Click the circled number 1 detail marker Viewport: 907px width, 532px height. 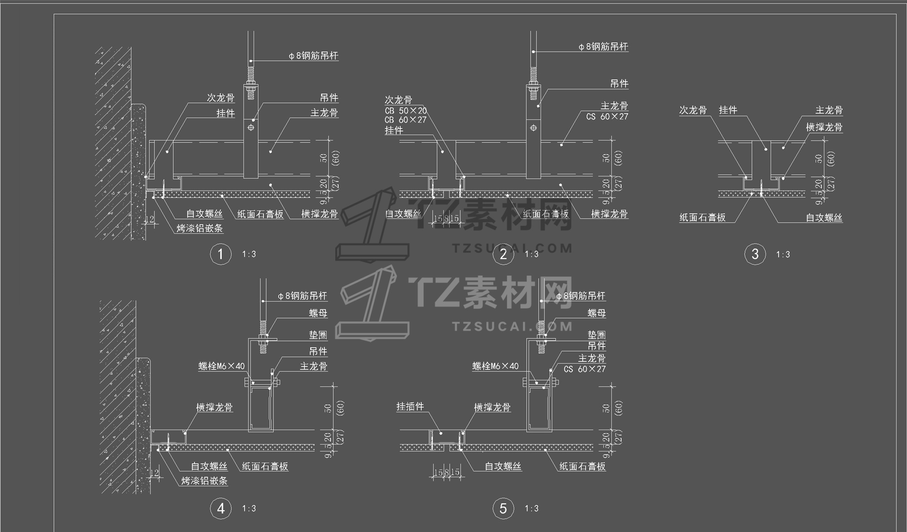pyautogui.click(x=220, y=254)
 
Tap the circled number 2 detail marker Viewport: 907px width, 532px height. pyautogui.click(x=503, y=254)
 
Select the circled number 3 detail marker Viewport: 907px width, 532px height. pyautogui.click(x=755, y=254)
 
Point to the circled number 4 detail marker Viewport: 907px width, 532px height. pyautogui.click(x=220, y=508)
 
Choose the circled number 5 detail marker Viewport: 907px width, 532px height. pyautogui.click(x=503, y=508)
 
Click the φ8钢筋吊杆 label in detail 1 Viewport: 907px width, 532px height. pyautogui.click(x=313, y=56)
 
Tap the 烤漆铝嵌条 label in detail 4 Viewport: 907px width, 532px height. pyautogui.click(x=204, y=481)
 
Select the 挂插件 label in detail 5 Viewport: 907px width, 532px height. pyautogui.click(x=410, y=407)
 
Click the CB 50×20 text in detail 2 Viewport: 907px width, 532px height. pyautogui.click(x=405, y=111)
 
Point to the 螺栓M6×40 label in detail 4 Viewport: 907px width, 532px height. pyautogui.click(x=221, y=366)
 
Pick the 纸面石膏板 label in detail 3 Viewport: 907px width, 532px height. pyautogui.click(x=702, y=218)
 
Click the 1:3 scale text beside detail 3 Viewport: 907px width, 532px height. pyautogui.click(x=783, y=254)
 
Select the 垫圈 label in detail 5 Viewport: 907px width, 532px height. pyautogui.click(x=596, y=335)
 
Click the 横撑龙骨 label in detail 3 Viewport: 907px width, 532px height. pyautogui.click(x=824, y=127)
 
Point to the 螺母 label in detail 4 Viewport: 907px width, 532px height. pyautogui.click(x=318, y=313)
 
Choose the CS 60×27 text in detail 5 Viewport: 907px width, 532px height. pyautogui.click(x=585, y=369)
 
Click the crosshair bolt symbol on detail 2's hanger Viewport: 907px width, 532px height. pyautogui.click(x=533, y=128)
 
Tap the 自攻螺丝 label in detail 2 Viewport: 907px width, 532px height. pyautogui.click(x=403, y=214)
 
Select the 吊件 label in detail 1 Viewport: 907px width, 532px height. pyautogui.click(x=329, y=98)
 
